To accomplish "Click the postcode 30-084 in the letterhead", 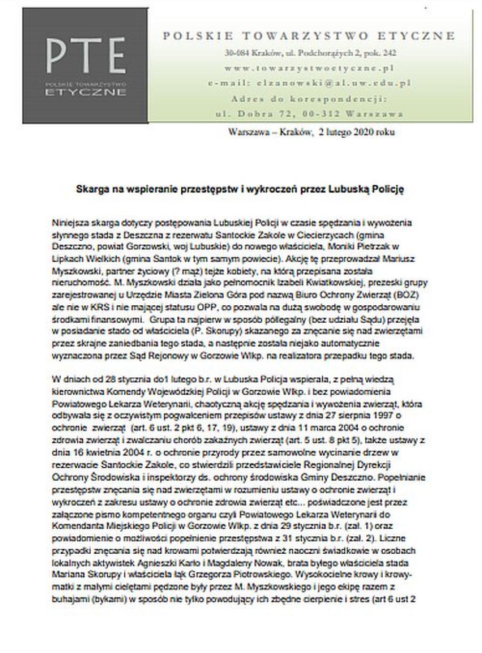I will tap(237, 53).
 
